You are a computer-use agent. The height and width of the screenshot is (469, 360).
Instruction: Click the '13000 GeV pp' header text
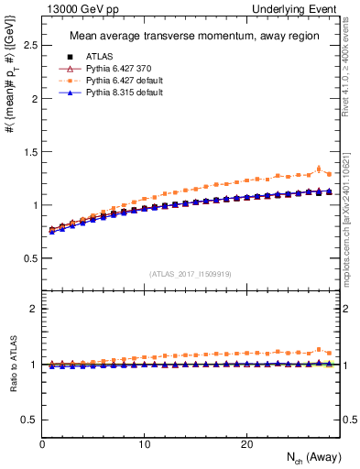(74, 8)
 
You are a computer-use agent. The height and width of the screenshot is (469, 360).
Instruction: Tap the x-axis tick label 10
(144, 444)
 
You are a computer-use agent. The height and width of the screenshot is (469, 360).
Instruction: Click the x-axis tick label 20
(246, 444)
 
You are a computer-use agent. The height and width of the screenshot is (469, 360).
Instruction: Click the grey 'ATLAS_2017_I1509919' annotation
(189, 273)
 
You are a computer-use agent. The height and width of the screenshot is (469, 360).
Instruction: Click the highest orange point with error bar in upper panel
(319, 169)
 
